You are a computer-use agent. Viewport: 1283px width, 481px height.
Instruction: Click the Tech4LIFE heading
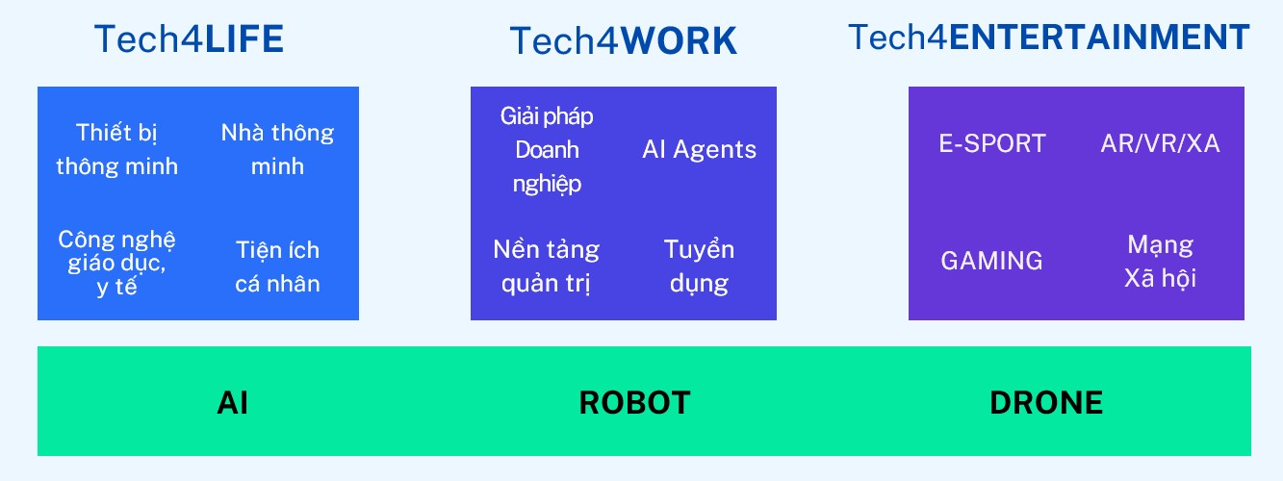[189, 38]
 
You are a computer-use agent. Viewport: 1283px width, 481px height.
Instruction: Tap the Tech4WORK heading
[623, 40]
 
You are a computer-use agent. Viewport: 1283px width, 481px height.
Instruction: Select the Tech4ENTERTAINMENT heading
[1049, 38]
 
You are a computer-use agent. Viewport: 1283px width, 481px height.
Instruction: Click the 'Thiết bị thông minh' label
[116, 149]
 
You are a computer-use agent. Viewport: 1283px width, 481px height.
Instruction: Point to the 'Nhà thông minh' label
[277, 149]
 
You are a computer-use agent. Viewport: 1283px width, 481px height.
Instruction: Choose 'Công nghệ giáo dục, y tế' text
[116, 263]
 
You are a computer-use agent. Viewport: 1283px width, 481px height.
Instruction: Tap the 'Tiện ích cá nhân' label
[277, 266]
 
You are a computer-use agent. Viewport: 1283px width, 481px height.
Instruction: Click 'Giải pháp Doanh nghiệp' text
[547, 150]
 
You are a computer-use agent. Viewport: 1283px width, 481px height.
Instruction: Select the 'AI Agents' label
[699, 149]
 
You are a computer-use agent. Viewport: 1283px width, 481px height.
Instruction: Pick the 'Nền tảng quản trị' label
[546, 266]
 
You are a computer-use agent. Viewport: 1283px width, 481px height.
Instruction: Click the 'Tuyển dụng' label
[699, 266]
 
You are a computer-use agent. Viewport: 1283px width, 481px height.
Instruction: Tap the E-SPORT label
[992, 143]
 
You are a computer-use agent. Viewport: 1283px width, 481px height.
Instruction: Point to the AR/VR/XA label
[1160, 143]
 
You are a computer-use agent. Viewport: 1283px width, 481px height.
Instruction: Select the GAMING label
[991, 261]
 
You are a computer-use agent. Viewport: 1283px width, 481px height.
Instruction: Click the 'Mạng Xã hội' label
[1160, 262]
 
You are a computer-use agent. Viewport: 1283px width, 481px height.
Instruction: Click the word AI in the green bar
[233, 402]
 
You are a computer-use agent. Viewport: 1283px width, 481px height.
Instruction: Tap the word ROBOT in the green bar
[634, 402]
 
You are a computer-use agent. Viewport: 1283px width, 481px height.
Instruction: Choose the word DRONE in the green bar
[1046, 402]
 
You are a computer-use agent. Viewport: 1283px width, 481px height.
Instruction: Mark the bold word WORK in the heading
[680, 40]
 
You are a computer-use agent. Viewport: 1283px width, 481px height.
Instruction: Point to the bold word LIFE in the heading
[244, 38]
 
